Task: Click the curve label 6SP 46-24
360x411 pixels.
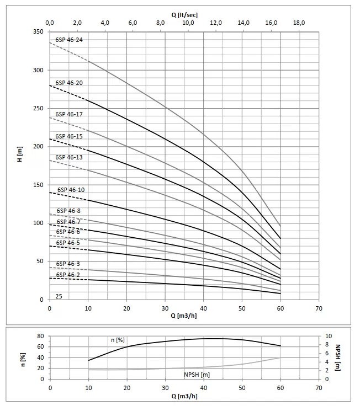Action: pos(69,40)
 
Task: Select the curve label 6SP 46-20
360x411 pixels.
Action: pos(69,83)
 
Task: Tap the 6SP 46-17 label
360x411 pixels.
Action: pos(69,114)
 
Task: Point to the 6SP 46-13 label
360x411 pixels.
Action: pos(69,157)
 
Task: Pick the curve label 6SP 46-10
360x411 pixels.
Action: pos(71,190)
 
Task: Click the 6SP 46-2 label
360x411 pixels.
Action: pos(67,275)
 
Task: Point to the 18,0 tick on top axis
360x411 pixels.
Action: pos(299,23)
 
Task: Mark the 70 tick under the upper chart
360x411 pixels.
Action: pos(319,308)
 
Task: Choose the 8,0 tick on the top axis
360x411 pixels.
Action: pos(160,23)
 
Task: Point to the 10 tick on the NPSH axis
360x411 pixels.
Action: pos(329,336)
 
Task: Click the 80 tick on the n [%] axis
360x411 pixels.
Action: pos(40,336)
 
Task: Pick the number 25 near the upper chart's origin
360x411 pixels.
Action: pos(59,296)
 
